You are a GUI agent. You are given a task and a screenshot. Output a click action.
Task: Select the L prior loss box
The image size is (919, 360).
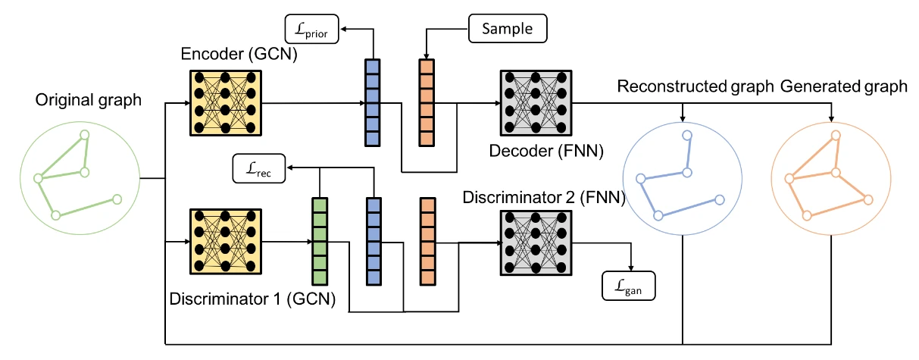tap(312, 30)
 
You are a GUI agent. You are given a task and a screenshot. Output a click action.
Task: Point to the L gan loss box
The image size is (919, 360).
tap(627, 287)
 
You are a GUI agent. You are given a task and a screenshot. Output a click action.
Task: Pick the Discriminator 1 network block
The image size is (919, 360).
tap(225, 240)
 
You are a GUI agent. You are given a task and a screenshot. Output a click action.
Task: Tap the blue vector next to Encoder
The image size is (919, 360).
tap(372, 102)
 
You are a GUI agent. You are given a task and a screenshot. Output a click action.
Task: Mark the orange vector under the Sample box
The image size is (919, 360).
tap(427, 102)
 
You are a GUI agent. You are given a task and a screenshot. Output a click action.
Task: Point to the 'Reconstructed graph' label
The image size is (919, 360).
tap(692, 86)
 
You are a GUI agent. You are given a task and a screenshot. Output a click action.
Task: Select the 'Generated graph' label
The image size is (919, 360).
tap(844, 86)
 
